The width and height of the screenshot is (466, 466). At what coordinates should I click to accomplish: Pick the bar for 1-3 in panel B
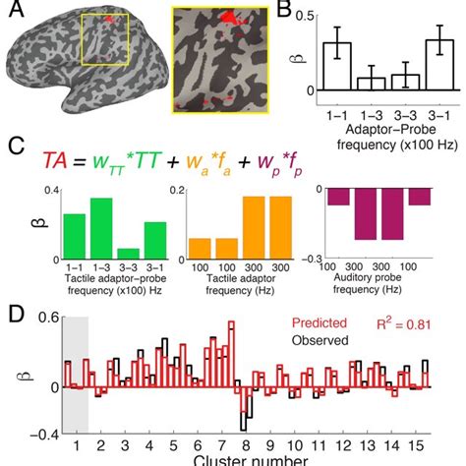coord(371,83)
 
